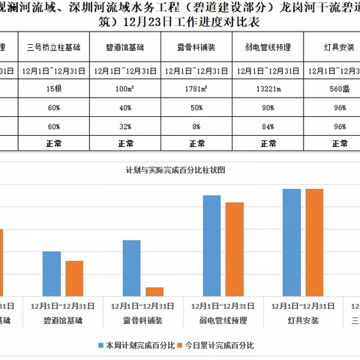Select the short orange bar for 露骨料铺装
click(x=154, y=291)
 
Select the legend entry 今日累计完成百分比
click(x=221, y=346)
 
